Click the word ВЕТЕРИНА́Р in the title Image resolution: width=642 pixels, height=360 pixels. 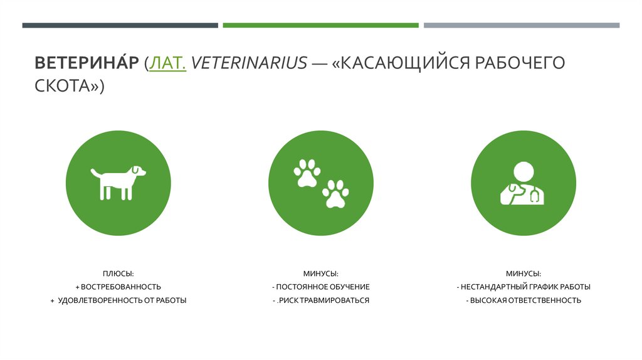click(87, 63)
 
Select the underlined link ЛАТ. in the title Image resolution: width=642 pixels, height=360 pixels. click(167, 63)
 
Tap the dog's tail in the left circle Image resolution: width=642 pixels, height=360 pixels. click(94, 171)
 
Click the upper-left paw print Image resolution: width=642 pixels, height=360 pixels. click(307, 174)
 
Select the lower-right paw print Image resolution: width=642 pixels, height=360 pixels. click(335, 194)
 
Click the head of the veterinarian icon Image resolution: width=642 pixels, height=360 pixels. click(523, 172)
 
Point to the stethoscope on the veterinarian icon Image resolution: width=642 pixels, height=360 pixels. click(535, 196)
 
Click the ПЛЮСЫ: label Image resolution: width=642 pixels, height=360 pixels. click(118, 273)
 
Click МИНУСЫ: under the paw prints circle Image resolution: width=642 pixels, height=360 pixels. click(321, 273)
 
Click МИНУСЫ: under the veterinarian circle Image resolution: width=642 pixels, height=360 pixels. click(524, 273)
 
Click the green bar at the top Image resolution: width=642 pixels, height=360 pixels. click(320, 26)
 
